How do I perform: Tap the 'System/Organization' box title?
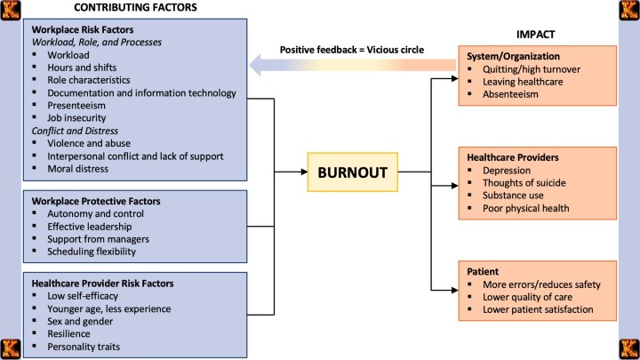pyautogui.click(x=509, y=55)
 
